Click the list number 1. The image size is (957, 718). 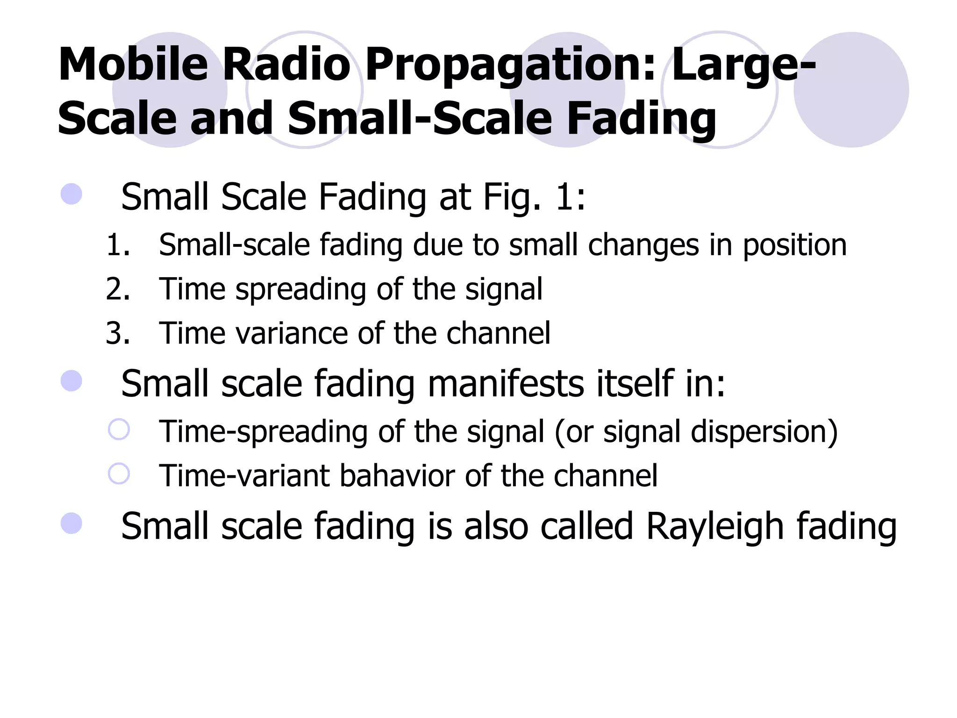pyautogui.click(x=117, y=245)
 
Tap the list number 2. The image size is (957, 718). pyautogui.click(x=117, y=289)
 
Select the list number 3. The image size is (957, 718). pyautogui.click(x=117, y=334)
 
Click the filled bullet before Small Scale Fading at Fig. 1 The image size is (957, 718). pyautogui.click(x=71, y=194)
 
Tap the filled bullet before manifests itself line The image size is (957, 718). pyautogui.click(x=71, y=381)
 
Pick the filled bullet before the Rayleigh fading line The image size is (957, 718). pyautogui.click(x=71, y=524)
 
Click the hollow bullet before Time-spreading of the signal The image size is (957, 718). pyautogui.click(x=119, y=429)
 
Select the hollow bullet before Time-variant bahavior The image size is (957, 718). pyautogui.click(x=119, y=474)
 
